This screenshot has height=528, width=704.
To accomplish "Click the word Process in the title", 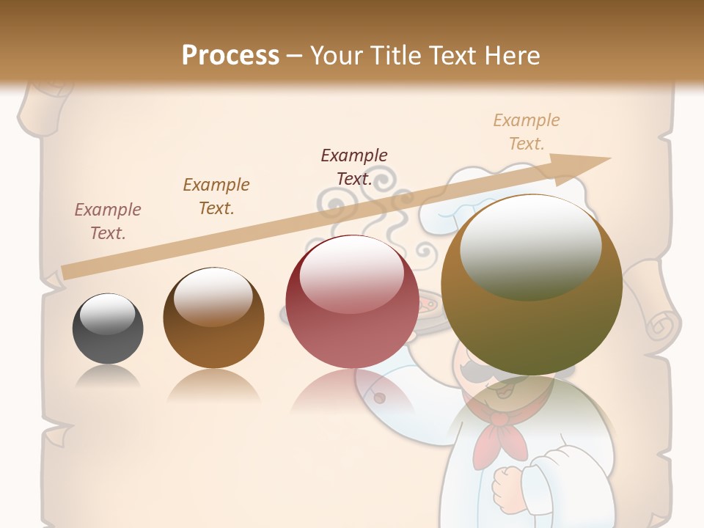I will (230, 56).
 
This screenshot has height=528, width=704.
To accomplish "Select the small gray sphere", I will (108, 329).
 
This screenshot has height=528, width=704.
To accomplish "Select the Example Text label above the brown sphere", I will (216, 197).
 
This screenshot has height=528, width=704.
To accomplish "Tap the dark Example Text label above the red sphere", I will (354, 166).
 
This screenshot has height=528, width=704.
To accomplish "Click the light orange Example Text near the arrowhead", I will (527, 131).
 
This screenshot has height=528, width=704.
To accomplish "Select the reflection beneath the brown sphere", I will (213, 385).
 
